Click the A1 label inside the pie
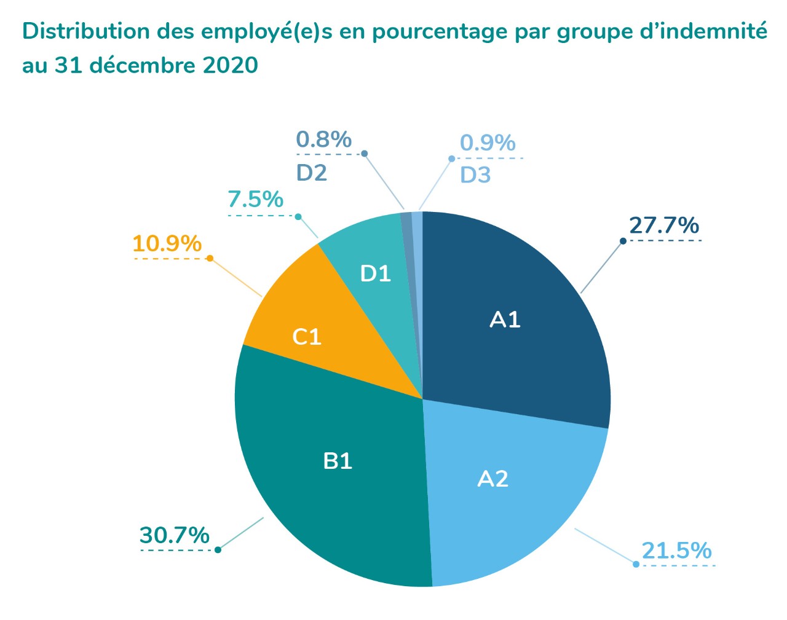pos(505,320)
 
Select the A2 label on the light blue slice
pos(493,479)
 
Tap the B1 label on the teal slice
pos(338,461)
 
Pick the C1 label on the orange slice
pos(307,337)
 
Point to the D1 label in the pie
pos(375,273)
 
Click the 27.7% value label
pos(663,226)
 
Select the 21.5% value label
pos(676,551)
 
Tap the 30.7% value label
pos(175,535)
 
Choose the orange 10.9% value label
pos(167,244)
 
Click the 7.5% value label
pos(255,199)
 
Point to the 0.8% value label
pos(323,139)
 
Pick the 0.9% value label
pos(488,143)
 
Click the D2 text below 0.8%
pos(312,173)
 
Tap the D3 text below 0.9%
pos(475,175)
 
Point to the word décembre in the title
pos(143,65)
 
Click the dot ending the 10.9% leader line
pos(210,259)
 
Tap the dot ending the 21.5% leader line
pos(636,564)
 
